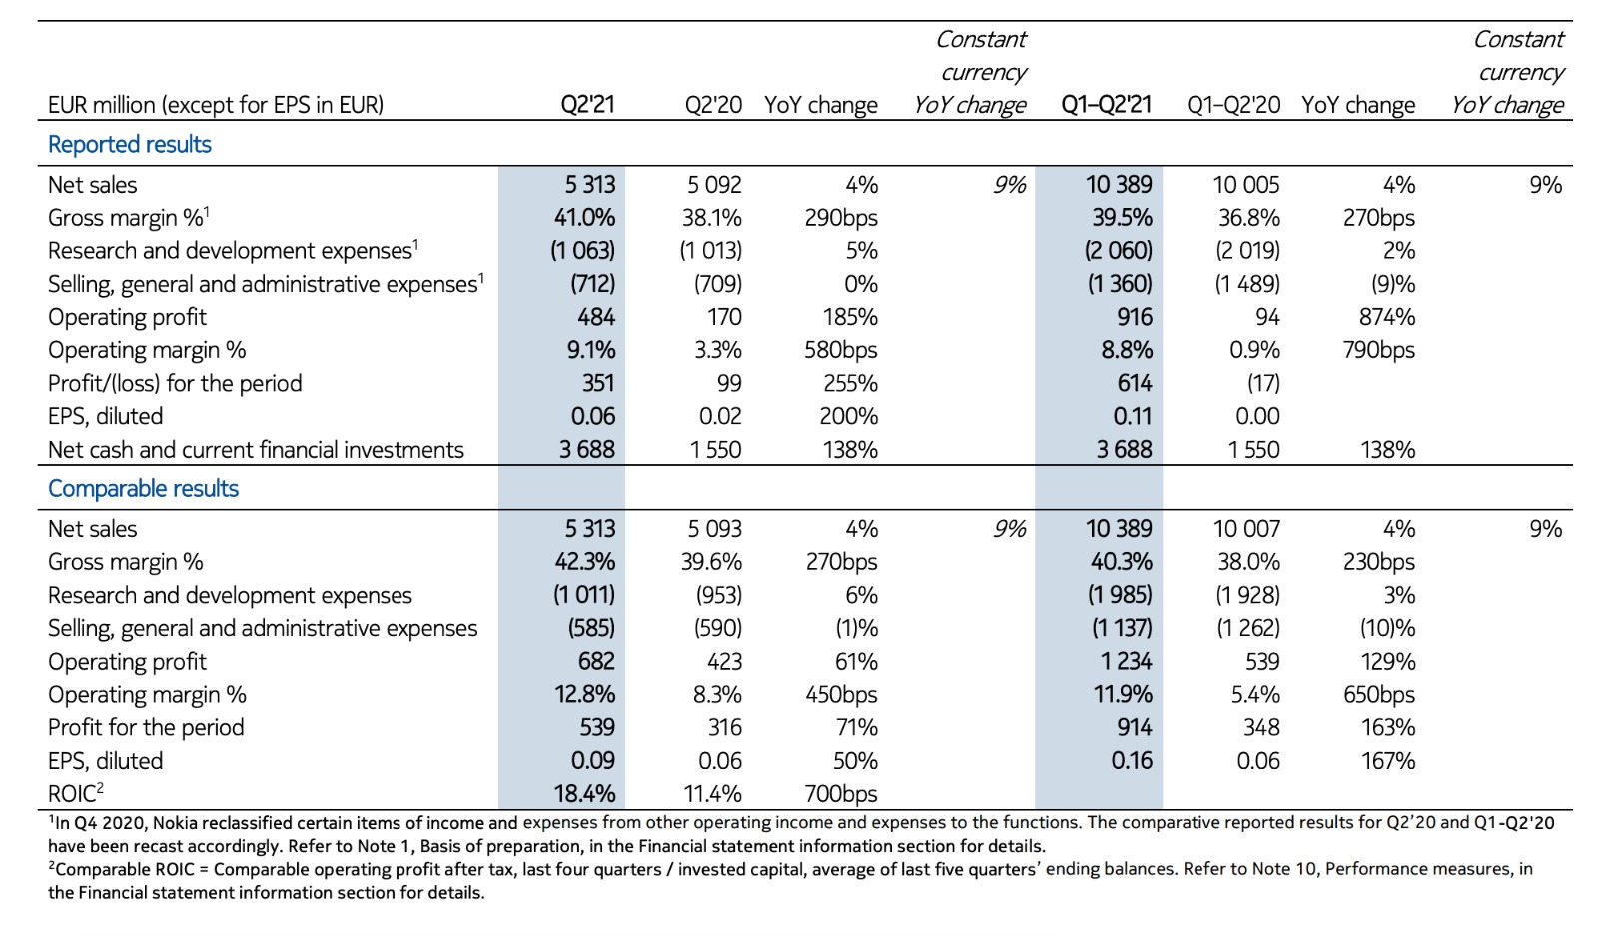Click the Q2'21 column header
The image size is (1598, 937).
click(587, 104)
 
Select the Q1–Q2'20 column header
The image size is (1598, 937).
click(1232, 104)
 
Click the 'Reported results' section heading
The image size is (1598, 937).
click(130, 144)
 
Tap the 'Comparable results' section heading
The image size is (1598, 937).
click(143, 488)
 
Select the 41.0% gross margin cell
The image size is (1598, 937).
click(584, 217)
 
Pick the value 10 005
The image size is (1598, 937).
click(1245, 184)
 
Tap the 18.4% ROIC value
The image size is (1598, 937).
click(584, 794)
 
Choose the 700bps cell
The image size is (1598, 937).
click(840, 794)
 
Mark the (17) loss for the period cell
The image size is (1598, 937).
click(1262, 383)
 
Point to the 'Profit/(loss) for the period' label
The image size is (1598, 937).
click(175, 383)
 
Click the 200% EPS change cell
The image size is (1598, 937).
click(848, 416)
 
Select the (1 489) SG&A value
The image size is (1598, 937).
click(1246, 284)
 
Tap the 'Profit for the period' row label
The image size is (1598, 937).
click(146, 727)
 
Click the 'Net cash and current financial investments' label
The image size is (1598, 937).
click(256, 450)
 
